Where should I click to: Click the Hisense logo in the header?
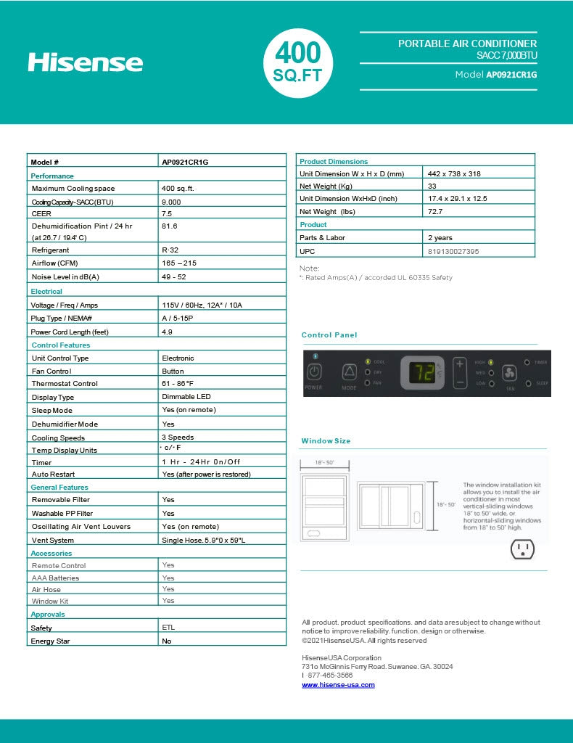tap(86, 62)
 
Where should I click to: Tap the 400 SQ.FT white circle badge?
tap(297, 62)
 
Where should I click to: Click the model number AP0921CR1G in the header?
tap(511, 75)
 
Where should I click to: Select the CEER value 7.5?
tap(167, 214)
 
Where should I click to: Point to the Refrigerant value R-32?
tap(170, 250)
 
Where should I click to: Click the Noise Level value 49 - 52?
tap(174, 277)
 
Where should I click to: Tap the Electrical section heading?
tap(46, 292)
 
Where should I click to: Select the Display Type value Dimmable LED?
tap(186, 397)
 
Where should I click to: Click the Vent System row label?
tap(53, 540)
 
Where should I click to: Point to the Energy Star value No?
tap(167, 641)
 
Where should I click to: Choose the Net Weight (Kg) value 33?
tap(432, 186)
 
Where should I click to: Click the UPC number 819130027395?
tap(453, 251)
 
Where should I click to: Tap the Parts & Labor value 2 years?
tap(440, 237)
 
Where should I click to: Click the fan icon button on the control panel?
tap(509, 372)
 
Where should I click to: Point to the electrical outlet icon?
tap(522, 549)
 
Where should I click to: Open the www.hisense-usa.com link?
tap(338, 685)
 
